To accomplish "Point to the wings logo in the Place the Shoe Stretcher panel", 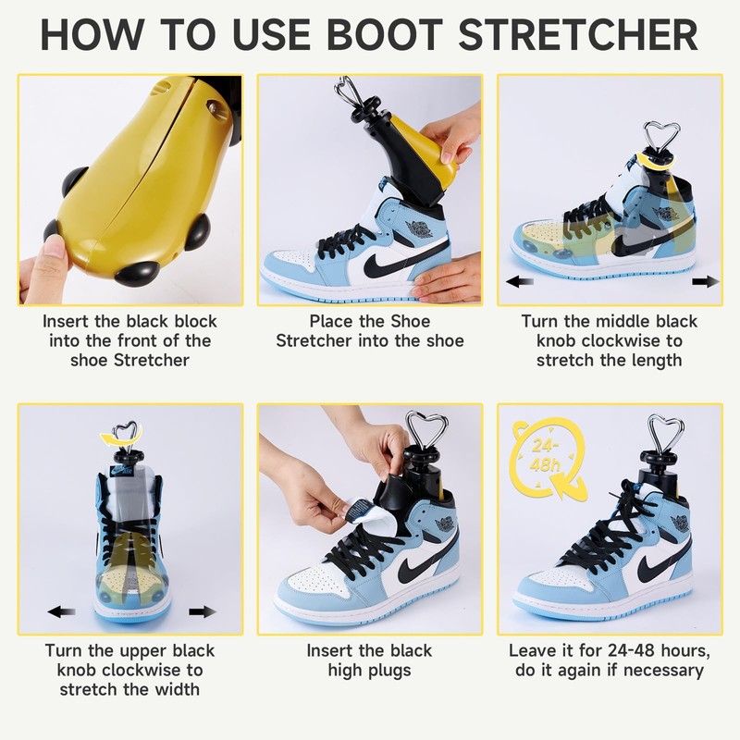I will pos(421,228).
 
